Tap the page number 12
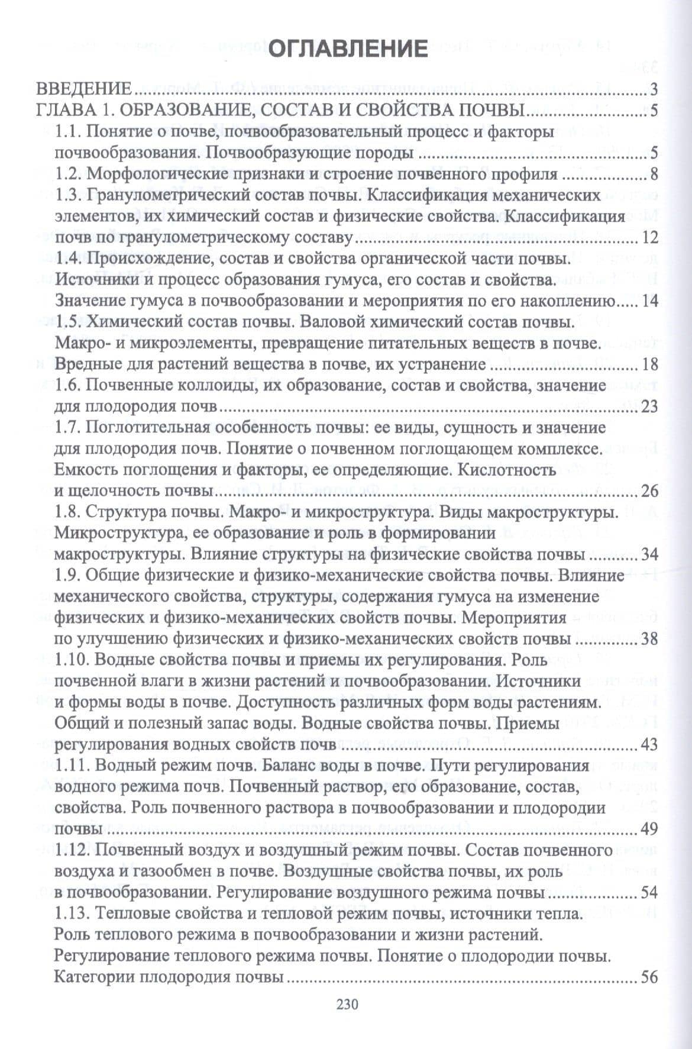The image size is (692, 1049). [649, 238]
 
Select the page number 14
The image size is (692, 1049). [649, 301]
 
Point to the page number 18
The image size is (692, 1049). [649, 364]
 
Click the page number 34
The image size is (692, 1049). [649, 555]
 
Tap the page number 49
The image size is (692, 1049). [649, 829]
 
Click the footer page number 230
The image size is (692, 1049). [347, 1004]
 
